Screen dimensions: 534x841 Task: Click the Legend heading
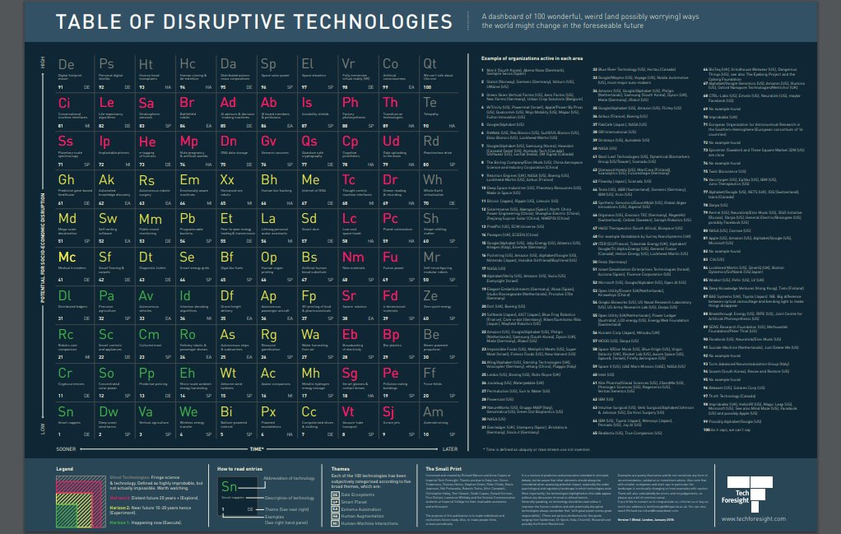[64, 467]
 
